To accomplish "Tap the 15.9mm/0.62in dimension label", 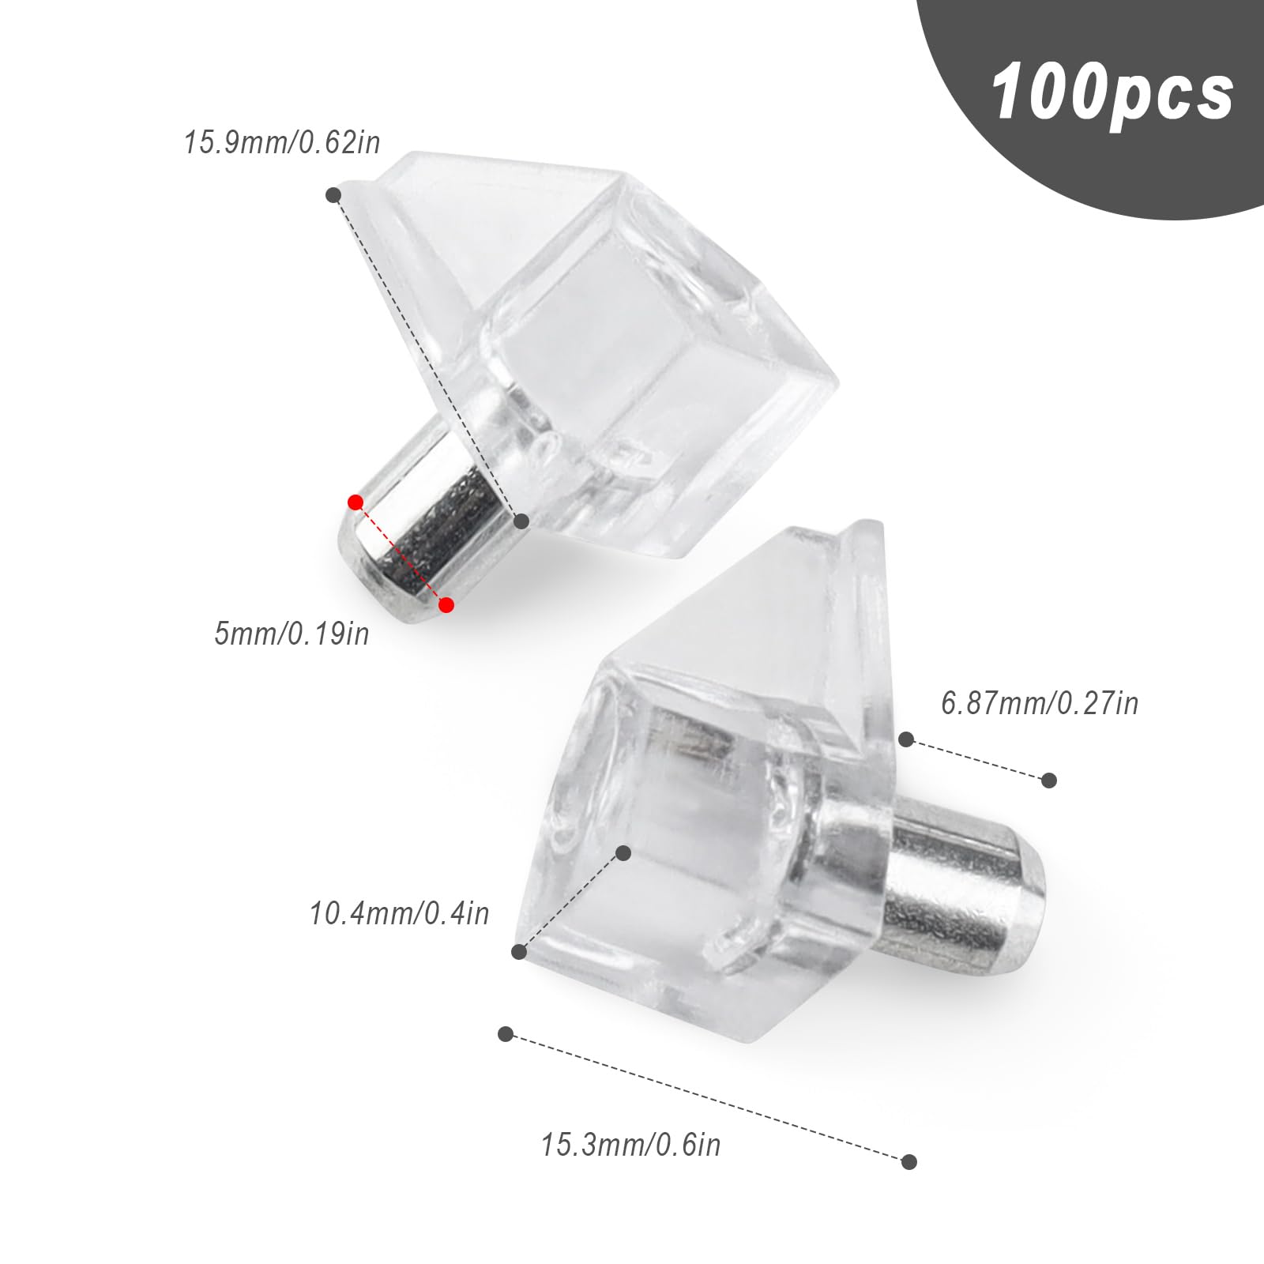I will tap(282, 144).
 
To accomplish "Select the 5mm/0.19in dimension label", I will tap(292, 634).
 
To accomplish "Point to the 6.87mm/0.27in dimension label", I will tap(1040, 702).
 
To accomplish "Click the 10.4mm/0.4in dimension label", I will tap(399, 913).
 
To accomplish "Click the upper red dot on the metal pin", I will tap(355, 502).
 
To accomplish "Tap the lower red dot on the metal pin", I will tap(446, 605).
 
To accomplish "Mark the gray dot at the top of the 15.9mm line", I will tap(334, 194).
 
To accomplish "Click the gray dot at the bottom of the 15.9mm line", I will tap(521, 521).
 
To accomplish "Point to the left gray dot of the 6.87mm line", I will tap(906, 739).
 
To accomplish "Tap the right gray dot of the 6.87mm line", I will tap(1049, 781).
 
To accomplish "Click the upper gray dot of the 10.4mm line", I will tap(623, 852).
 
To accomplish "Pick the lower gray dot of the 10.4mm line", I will tap(519, 952).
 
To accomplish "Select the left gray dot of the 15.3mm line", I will tap(506, 1034).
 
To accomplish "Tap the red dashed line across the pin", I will tap(401, 554).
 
